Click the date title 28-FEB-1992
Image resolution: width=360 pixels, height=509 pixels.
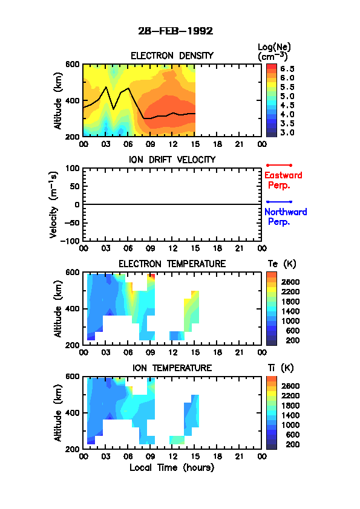pyautogui.click(x=175, y=31)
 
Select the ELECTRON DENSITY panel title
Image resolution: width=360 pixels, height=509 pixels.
pyautogui.click(x=172, y=56)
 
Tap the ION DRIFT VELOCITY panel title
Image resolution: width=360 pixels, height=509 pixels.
pyautogui.click(x=172, y=160)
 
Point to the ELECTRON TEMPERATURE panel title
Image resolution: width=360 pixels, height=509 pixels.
pyautogui.click(x=172, y=264)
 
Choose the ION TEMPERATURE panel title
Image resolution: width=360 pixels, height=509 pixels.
pyautogui.click(x=172, y=368)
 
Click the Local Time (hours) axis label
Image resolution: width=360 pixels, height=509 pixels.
pyautogui.click(x=172, y=467)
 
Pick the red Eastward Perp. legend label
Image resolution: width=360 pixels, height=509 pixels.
pyautogui.click(x=283, y=180)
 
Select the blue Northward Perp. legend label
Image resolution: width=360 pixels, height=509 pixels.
pyautogui.click(x=286, y=217)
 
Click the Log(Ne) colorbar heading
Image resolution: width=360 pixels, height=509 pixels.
pyautogui.click(x=274, y=51)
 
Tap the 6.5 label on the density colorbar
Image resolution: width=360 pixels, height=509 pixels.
pyautogui.click(x=287, y=69)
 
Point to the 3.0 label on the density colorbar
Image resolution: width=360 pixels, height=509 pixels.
pyautogui.click(x=287, y=132)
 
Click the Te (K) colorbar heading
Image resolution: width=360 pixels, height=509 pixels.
pyautogui.click(x=282, y=264)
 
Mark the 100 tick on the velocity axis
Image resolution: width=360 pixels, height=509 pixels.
pyautogui.click(x=72, y=168)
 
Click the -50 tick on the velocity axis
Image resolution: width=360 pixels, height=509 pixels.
pyautogui.click(x=72, y=222)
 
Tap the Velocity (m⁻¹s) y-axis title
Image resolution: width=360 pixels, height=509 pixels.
pyautogui.click(x=53, y=204)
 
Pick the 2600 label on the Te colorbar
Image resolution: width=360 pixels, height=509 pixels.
pyautogui.click(x=290, y=282)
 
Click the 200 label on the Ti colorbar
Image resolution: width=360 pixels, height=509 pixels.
pyautogui.click(x=292, y=444)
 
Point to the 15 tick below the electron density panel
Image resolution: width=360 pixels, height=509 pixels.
pyautogui.click(x=195, y=144)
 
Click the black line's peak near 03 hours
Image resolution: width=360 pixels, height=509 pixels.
pyautogui.click(x=106, y=87)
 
